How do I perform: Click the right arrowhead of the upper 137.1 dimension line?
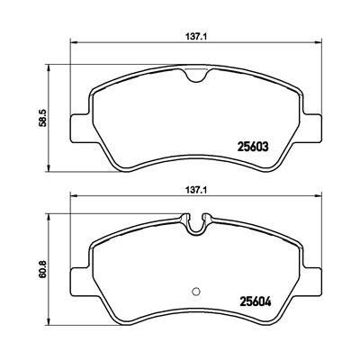pyautogui.click(x=323, y=46)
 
